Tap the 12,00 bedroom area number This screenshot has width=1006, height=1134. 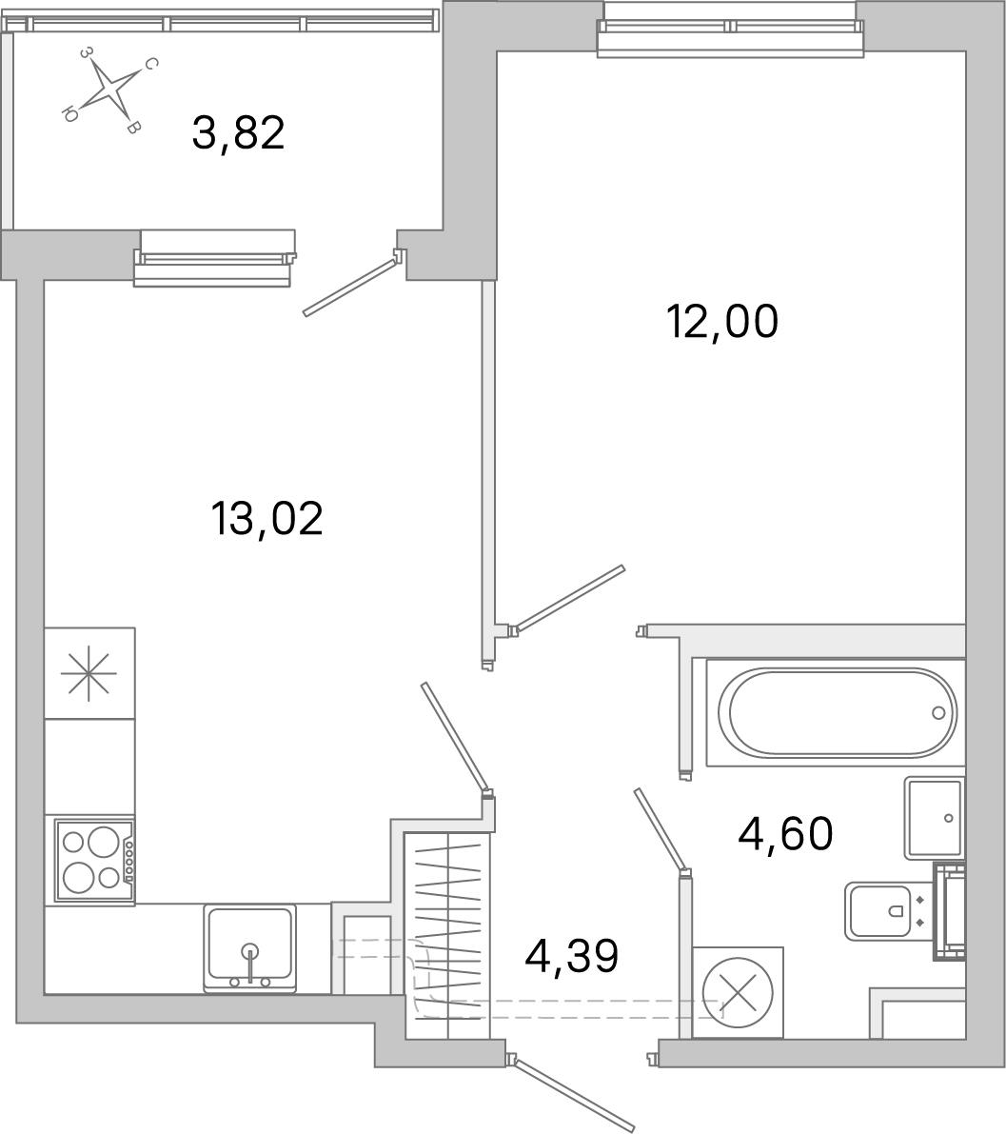722,322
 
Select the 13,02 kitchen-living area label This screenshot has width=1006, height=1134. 266,519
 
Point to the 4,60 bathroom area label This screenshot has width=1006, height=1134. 785,834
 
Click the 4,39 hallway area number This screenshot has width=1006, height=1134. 572,956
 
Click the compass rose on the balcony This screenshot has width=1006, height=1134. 109,90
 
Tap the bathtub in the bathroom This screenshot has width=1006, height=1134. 837,712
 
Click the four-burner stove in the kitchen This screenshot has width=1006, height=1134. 94,859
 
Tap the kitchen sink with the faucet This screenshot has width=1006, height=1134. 250,948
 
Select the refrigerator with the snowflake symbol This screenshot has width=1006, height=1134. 89,673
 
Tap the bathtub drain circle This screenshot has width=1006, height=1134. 938,712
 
